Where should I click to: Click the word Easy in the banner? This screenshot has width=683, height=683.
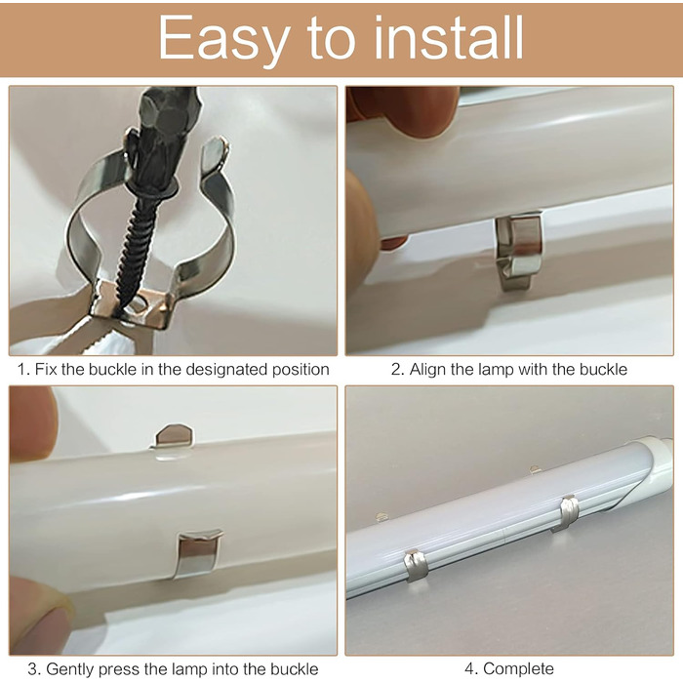223,39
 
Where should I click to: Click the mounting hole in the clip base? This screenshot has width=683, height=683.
139,303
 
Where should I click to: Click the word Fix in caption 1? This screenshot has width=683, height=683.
46,370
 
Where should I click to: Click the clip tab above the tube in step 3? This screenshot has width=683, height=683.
174,437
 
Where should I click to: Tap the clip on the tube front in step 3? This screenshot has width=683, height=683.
198,553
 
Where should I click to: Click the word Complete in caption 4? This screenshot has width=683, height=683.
518,668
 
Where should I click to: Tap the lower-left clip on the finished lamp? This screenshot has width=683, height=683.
415,565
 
